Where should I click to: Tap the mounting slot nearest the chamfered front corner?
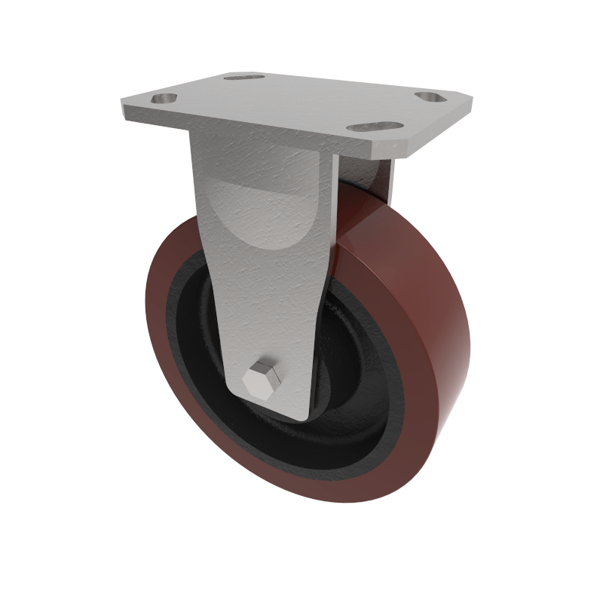pos(375,127)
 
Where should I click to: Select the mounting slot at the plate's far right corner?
pos(430,98)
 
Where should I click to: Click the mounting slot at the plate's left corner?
pos(164,98)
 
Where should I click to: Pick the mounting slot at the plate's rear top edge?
pos(245,77)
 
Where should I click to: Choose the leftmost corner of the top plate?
pos(121,106)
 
